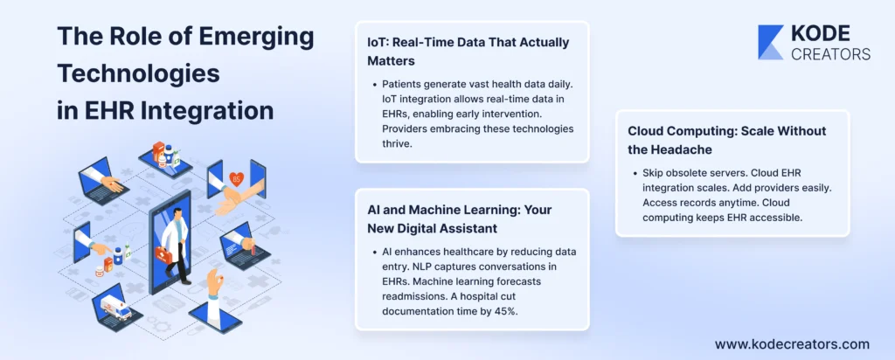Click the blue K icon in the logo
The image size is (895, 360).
click(x=770, y=42)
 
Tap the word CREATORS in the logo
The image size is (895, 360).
click(x=830, y=53)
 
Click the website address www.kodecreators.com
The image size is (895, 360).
click(x=792, y=344)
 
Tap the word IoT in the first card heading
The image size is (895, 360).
click(x=377, y=43)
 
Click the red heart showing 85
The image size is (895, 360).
click(x=236, y=179)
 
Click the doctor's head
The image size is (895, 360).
click(x=178, y=214)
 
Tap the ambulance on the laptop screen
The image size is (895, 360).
click(x=116, y=308)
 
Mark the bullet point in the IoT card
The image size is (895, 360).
click(x=374, y=85)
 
